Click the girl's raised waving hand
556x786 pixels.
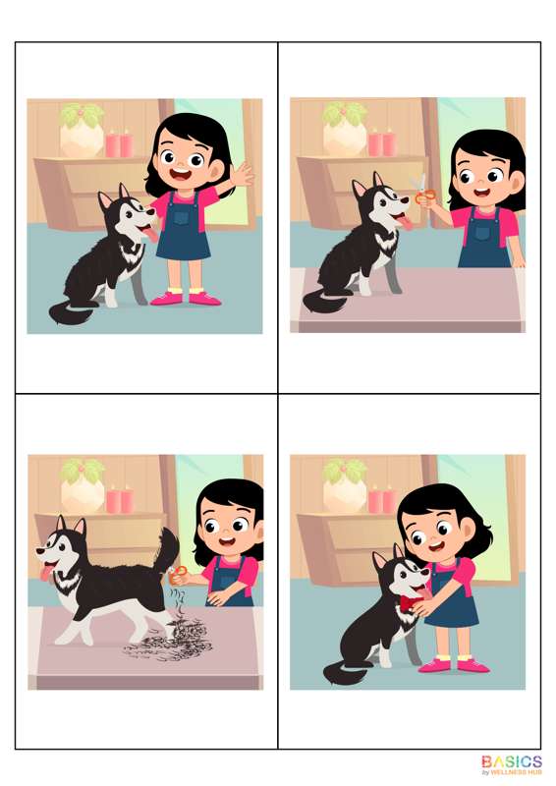click(x=243, y=174)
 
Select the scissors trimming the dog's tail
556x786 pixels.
click(x=178, y=573)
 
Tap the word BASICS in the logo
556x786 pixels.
click(x=512, y=762)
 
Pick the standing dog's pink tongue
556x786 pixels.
click(x=47, y=572)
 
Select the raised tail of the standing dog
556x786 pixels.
click(x=167, y=550)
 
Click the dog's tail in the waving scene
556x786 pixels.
click(x=69, y=312)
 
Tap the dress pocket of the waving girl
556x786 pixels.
click(x=182, y=217)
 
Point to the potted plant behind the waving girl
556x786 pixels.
click(x=82, y=130)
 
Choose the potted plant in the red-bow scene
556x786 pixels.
click(x=345, y=484)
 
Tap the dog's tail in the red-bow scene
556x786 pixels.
click(x=344, y=671)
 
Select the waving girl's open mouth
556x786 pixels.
click(x=180, y=176)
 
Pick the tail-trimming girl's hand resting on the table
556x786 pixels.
click(x=217, y=596)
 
